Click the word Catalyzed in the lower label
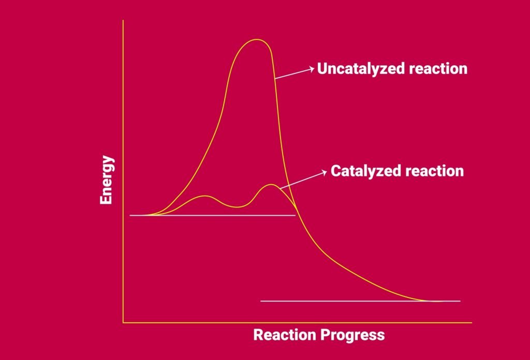(x=364, y=171)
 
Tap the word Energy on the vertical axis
(x=107, y=179)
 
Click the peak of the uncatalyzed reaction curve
(x=255, y=40)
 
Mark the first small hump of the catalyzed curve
(x=205, y=196)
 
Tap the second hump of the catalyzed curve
(x=271, y=185)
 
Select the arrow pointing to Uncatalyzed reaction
(x=295, y=73)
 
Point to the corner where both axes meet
(x=123, y=323)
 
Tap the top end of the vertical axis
(x=123, y=21)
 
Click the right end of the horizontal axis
(x=471, y=323)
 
